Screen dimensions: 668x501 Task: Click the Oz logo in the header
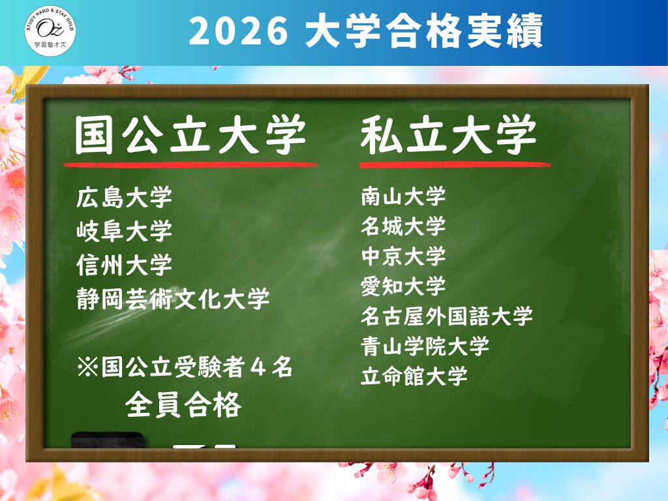pyautogui.click(x=50, y=31)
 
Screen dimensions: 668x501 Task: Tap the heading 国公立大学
pyautogui.click(x=190, y=135)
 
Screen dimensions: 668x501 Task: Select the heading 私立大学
pyautogui.click(x=448, y=134)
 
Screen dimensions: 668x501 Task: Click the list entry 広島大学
pyautogui.click(x=125, y=197)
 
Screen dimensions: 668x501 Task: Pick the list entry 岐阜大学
pyautogui.click(x=125, y=230)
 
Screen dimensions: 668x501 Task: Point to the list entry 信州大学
pyautogui.click(x=125, y=264)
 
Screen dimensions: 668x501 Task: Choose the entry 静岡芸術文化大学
pyautogui.click(x=173, y=298)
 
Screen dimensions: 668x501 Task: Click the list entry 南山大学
pyautogui.click(x=403, y=196)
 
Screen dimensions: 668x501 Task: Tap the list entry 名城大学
pyautogui.click(x=403, y=226)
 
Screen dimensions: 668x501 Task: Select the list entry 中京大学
pyautogui.click(x=403, y=256)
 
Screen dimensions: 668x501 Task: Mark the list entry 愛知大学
pyautogui.click(x=403, y=286)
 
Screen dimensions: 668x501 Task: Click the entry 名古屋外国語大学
pyautogui.click(x=447, y=316)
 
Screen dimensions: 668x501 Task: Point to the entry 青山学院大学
pyautogui.click(x=425, y=346)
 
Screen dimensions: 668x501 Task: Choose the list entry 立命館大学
pyautogui.click(x=414, y=376)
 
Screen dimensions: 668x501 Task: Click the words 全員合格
pyautogui.click(x=183, y=404)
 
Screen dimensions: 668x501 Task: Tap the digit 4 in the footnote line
pyautogui.click(x=258, y=367)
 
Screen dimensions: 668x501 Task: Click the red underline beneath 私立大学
pyautogui.click(x=455, y=164)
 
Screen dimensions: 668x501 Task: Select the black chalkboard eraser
pyautogui.click(x=108, y=440)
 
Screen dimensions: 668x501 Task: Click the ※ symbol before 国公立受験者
pyautogui.click(x=88, y=367)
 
